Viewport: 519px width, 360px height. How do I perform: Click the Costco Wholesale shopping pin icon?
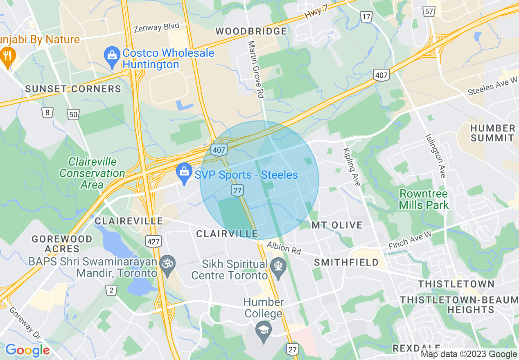112,57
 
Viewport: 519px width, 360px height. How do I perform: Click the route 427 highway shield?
153,241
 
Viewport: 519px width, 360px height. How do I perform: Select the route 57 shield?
429,12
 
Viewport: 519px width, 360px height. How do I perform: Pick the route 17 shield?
366,17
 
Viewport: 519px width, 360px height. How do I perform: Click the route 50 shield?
73,115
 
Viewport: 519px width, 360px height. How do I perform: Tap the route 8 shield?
48,112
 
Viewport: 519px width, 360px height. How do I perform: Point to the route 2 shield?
111,290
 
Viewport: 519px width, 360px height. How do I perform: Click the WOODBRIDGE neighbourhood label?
251,32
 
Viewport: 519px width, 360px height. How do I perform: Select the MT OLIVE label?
337,225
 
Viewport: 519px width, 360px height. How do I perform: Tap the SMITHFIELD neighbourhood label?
346,262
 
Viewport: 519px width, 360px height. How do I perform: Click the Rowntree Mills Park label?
424,199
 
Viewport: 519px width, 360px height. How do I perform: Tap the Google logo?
27,350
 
